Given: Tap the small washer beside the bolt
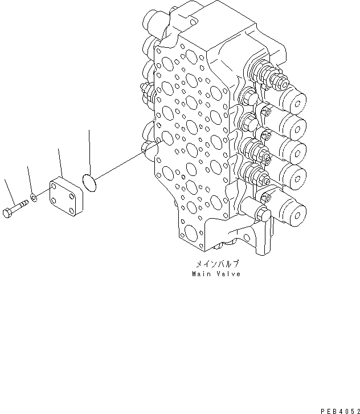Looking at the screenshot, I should click(34, 197).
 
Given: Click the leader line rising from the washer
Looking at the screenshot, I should click(30, 179).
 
